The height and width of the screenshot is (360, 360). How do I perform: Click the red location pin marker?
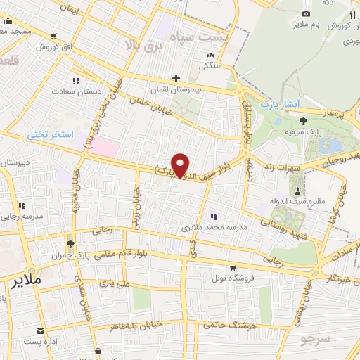(181, 165)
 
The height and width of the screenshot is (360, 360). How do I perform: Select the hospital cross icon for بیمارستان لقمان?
(176, 78)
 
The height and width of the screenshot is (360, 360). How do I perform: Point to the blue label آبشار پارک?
(280, 104)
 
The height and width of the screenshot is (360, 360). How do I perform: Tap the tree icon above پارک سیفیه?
(302, 120)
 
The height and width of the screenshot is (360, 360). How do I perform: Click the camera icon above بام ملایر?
(305, 13)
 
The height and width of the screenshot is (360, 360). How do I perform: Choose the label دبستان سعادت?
(72, 91)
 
